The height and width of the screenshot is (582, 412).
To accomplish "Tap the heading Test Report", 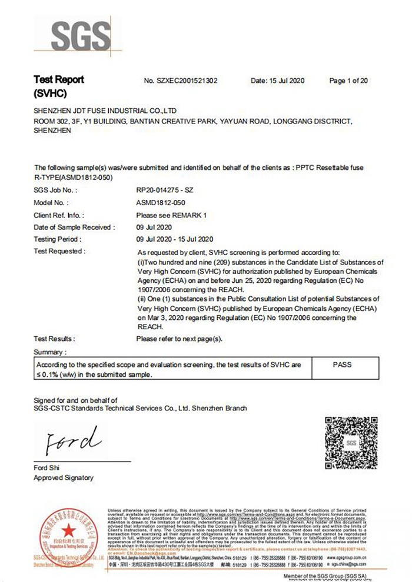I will coord(59,79).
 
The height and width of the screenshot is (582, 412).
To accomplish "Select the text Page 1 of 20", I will coord(348,81).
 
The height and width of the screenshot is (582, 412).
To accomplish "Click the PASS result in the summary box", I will coord(342,364).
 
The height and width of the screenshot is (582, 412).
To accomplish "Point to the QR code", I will coord(351,443).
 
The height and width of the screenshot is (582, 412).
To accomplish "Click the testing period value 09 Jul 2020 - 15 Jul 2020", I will coord(174,239).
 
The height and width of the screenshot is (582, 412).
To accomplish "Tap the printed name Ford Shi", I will coord(47,467).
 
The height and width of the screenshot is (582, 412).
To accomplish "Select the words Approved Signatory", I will coord(64,478).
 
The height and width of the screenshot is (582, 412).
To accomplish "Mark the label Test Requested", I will coord(59,252).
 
